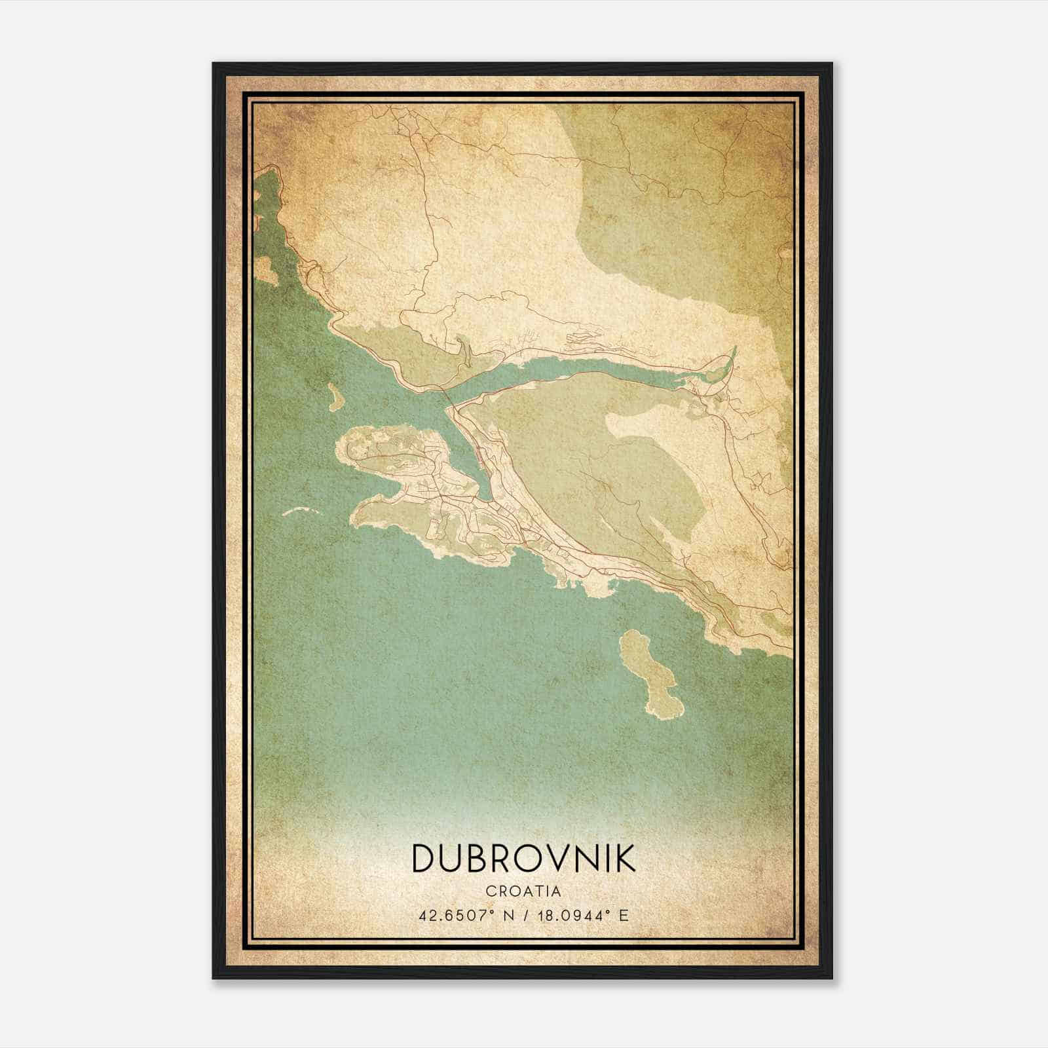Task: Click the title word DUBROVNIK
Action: click(523, 858)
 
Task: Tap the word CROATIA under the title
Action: click(523, 891)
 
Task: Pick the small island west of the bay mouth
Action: click(334, 396)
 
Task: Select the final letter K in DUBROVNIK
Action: click(625, 858)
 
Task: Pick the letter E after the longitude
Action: click(624, 915)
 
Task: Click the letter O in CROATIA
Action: click(513, 891)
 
